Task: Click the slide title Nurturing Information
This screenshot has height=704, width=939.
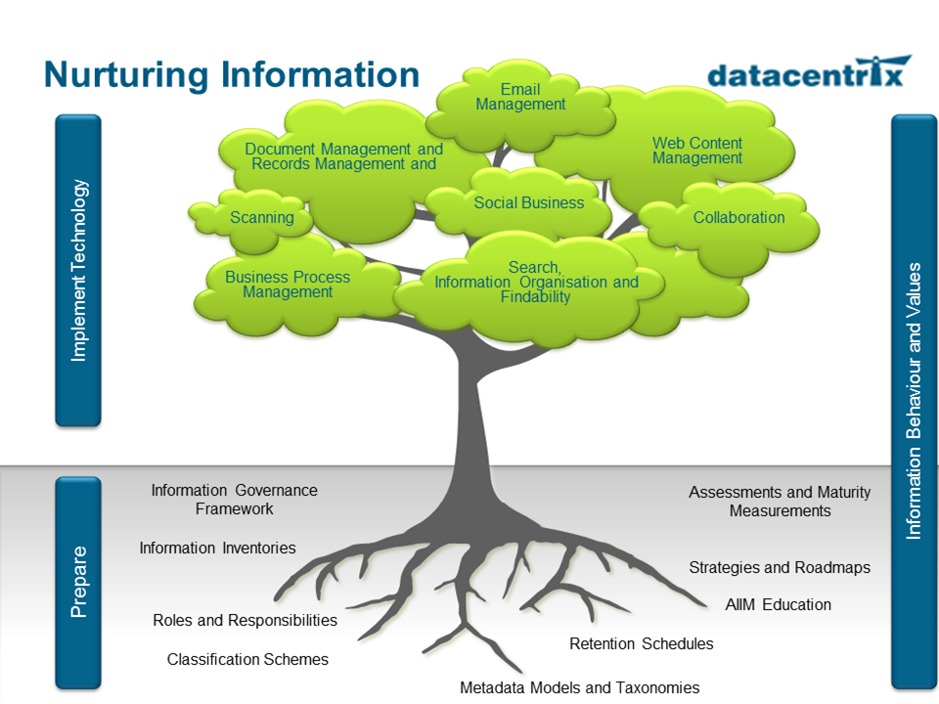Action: pyautogui.click(x=232, y=75)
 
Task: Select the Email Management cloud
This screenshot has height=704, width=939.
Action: pyautogui.click(x=520, y=98)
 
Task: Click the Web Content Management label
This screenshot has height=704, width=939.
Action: pyautogui.click(x=696, y=151)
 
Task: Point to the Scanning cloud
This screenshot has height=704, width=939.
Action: pyautogui.click(x=261, y=217)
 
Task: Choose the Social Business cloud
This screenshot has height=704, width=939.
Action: pyautogui.click(x=528, y=203)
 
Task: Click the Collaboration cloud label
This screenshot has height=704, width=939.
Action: pyautogui.click(x=738, y=217)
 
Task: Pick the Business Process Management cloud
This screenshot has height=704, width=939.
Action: pyautogui.click(x=288, y=285)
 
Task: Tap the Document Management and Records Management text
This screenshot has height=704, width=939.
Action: pyautogui.click(x=343, y=156)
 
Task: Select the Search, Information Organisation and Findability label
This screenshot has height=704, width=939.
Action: pyautogui.click(x=536, y=282)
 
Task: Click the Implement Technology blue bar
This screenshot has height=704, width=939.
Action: pyautogui.click(x=78, y=270)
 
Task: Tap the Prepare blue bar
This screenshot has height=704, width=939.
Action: pyautogui.click(x=78, y=581)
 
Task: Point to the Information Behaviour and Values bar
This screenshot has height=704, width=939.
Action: pyautogui.click(x=915, y=401)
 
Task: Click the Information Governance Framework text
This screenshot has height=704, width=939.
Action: pyautogui.click(x=234, y=500)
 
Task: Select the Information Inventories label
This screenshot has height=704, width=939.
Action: pyautogui.click(x=217, y=548)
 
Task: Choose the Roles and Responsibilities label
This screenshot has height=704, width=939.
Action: pyautogui.click(x=245, y=620)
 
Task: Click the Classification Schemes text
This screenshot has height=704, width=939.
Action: pyautogui.click(x=247, y=659)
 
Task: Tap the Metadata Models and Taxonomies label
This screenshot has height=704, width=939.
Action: pyautogui.click(x=579, y=687)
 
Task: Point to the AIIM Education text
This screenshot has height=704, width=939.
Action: pyautogui.click(x=778, y=604)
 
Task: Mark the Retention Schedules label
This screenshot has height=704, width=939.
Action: pyautogui.click(x=641, y=643)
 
